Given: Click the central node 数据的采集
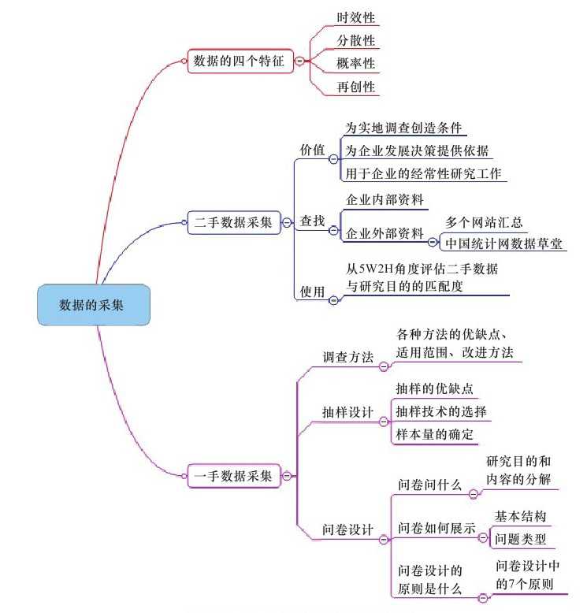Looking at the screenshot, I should point(91,305).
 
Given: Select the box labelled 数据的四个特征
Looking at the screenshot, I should point(240,61).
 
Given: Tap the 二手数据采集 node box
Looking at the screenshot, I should point(233,223).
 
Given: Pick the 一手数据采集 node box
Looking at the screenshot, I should point(233,476).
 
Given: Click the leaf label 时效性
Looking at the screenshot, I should point(356,17).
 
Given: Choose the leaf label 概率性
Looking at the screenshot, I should point(356,62).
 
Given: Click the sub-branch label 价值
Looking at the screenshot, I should point(312,150).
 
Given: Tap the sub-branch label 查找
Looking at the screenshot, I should point(312,223).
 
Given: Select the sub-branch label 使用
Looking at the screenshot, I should point(312,292).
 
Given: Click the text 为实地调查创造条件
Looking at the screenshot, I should point(404,128).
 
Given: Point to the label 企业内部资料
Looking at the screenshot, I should point(385,200).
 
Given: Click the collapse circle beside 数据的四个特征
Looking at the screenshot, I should point(299,61).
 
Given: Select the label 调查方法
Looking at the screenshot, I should point(348,356).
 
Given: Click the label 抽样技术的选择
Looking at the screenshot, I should point(441,412).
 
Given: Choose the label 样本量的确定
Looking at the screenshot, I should point(436,435).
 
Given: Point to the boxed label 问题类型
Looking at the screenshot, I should point(520,540).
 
